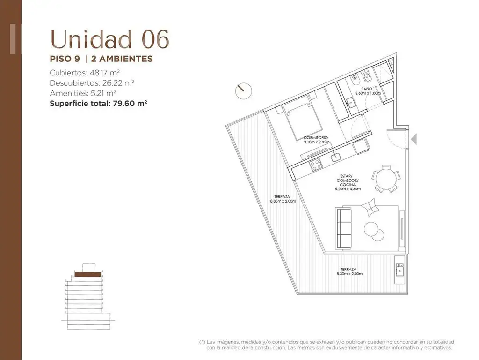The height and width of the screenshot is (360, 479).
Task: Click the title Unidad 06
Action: click(109, 39)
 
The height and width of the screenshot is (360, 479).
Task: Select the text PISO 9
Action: click(65, 59)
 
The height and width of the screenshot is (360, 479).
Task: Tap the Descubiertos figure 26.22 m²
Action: click(117, 83)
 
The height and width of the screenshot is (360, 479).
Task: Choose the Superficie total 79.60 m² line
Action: click(98, 103)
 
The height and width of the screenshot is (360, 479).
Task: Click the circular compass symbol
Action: click(243, 91)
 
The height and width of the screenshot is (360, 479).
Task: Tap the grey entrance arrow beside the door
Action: click(414, 139)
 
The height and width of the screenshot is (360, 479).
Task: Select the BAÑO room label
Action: click(367, 89)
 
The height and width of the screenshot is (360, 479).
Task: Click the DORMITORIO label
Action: click(316, 138)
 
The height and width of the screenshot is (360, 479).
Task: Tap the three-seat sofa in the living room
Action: click(344, 228)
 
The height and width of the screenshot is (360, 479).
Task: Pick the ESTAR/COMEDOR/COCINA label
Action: click(348, 182)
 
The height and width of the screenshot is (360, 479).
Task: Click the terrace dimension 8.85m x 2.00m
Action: click(283, 201)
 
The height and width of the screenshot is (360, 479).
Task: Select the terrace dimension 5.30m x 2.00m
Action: click(349, 274)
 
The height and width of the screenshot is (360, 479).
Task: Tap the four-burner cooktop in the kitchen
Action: click(316, 165)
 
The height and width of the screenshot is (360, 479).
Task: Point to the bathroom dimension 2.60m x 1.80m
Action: click(368, 93)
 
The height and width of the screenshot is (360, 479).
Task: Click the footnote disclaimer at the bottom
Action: click(326, 345)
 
